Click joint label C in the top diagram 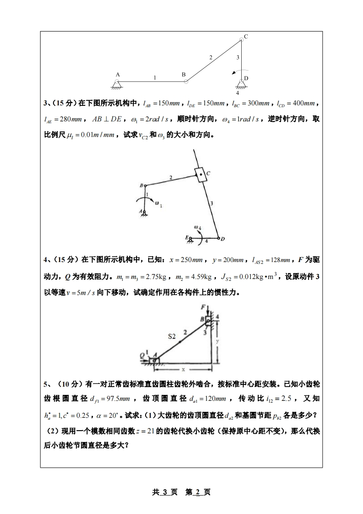pyautogui.click(x=246, y=37)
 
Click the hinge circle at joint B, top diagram pyautogui.click(x=186, y=82)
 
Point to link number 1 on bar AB pyautogui.click(x=155, y=77)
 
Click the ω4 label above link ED pyautogui.click(x=197, y=227)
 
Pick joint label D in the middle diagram pyautogui.click(x=222, y=239)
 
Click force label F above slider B pyautogui.click(x=203, y=307)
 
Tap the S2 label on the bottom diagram pyautogui.click(x=172, y=336)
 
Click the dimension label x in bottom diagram pyautogui.click(x=183, y=369)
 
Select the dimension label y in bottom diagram pyautogui.click(x=218, y=341)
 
